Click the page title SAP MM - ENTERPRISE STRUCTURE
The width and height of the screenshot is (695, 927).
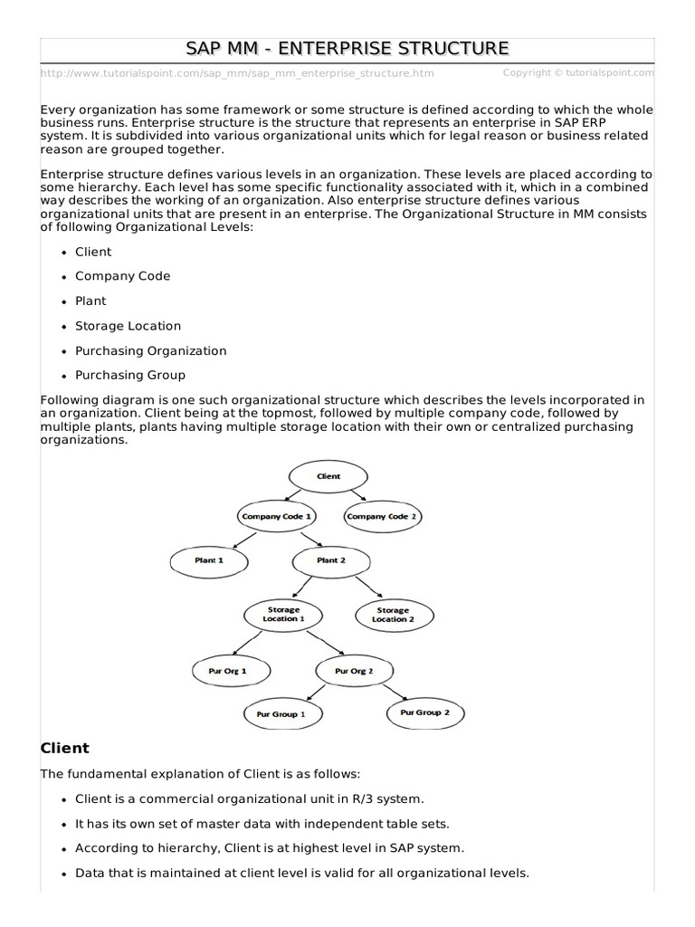[347, 48]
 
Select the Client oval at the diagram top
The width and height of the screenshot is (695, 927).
[328, 475]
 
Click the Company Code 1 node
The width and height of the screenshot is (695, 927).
[276, 516]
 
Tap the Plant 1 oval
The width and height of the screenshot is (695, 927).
[208, 560]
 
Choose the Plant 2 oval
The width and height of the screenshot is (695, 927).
[332, 560]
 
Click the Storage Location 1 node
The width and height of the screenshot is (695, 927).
[283, 614]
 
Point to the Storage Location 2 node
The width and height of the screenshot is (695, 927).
[394, 615]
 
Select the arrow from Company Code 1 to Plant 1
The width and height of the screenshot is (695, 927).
[243, 539]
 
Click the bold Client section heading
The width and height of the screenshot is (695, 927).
[65, 748]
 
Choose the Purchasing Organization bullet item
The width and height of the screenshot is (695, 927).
[151, 350]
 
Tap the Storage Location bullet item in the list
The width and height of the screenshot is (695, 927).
[128, 326]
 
